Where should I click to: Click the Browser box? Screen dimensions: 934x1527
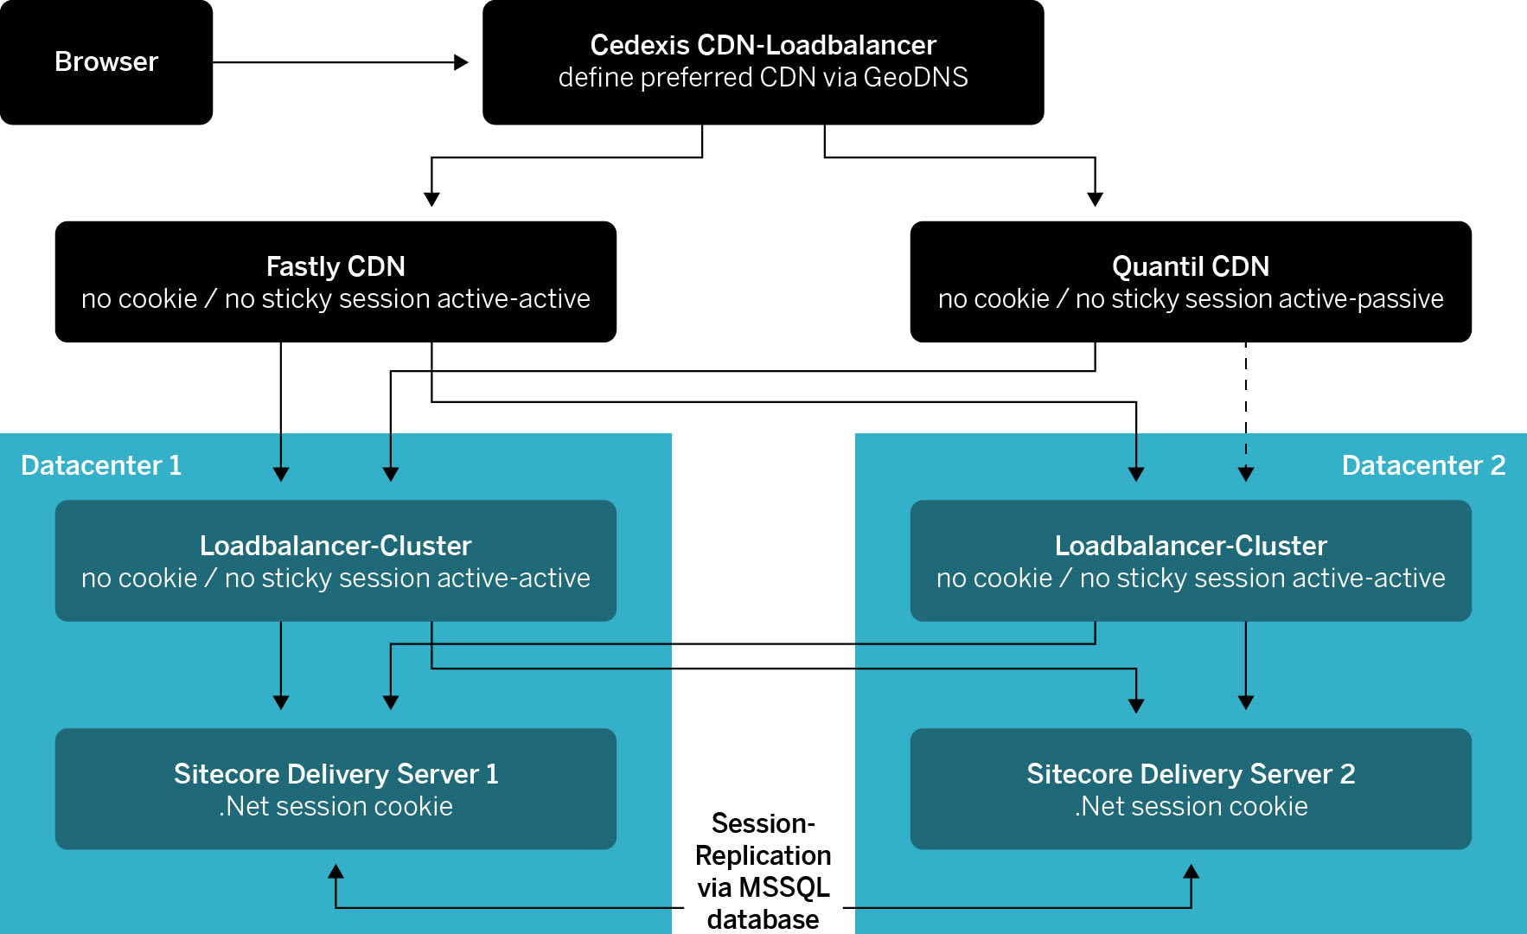106,62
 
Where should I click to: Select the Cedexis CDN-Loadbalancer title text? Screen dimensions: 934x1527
763,45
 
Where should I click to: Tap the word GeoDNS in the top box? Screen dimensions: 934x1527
915,78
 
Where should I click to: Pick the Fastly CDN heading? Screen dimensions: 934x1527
335,266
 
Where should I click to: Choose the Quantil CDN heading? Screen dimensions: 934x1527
1191,266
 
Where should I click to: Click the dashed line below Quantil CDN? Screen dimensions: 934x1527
1246,398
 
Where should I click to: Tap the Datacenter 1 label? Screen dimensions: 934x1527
101,465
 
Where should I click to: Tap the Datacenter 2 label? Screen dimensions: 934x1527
1423,465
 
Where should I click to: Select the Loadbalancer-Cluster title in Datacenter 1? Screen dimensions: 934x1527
335,546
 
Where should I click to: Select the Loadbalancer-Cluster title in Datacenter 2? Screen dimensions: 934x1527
1191,546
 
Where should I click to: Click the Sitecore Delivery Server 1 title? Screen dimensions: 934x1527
335,774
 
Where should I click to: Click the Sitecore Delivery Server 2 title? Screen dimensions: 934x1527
1191,774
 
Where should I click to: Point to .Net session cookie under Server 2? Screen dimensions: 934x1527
1191,807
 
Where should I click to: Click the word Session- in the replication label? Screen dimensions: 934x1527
763,823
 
